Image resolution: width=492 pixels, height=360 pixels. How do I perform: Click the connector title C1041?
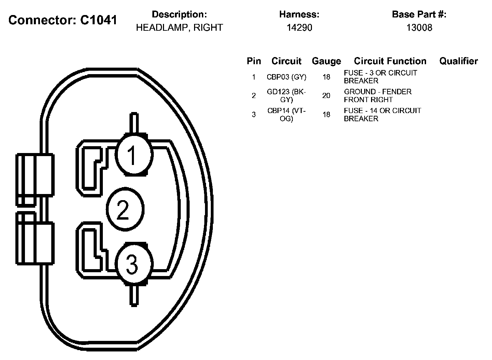pos(63,20)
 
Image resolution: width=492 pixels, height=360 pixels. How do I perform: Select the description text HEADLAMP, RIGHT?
pos(179,28)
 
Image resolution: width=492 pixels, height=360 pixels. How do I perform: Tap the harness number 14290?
pos(299,28)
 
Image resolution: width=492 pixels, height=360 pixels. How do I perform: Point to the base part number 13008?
pos(419,28)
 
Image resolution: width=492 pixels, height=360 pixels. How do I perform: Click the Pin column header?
pos(254,61)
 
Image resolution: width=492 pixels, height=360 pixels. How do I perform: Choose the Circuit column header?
pos(286,61)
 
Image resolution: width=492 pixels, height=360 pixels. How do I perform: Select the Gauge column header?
pos(326,61)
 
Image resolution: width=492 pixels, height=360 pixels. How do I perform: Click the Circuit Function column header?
pos(390,61)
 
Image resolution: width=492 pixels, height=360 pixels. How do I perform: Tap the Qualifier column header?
pos(458,61)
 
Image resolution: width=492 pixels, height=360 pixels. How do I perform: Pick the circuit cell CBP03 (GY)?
pos(286,77)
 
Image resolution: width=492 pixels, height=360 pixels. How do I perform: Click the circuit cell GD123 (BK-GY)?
pos(286,96)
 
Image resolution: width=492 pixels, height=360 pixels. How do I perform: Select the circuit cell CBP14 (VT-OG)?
pos(286,114)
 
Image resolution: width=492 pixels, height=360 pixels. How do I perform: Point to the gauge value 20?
pos(326,96)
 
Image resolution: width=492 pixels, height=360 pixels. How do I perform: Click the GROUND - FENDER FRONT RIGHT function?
pos(378,96)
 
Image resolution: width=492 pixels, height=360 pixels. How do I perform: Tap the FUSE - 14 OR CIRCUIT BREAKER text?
pos(382,114)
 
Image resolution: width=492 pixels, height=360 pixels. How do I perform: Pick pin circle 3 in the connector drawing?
pos(133,264)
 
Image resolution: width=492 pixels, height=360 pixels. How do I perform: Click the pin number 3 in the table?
pos(254,114)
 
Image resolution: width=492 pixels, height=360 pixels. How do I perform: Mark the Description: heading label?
pos(179,14)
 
